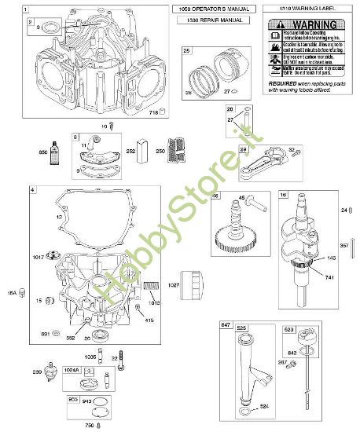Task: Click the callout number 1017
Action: [38, 255]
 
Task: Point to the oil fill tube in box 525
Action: [248, 369]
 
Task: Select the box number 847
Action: [226, 324]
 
